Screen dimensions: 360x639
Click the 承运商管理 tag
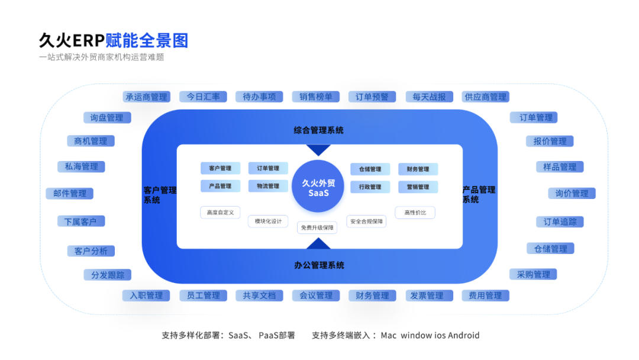click(x=146, y=97)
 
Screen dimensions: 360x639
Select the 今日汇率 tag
click(x=203, y=97)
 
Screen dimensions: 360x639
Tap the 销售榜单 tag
click(x=315, y=97)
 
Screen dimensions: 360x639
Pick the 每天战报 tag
click(x=429, y=97)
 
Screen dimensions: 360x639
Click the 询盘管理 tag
click(x=106, y=118)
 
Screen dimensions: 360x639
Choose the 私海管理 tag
click(x=81, y=166)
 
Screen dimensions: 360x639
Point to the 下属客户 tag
click(x=81, y=221)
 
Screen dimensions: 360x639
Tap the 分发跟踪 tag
click(x=107, y=275)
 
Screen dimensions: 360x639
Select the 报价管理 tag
click(x=550, y=142)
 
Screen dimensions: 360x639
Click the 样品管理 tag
click(x=559, y=167)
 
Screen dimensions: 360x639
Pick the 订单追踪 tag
click(x=560, y=222)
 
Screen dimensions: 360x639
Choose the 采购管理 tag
click(x=533, y=275)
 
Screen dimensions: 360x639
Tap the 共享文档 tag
click(x=259, y=295)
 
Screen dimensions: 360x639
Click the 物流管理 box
click(x=268, y=186)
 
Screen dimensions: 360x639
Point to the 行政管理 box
click(x=370, y=187)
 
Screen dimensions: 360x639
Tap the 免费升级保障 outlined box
click(x=317, y=227)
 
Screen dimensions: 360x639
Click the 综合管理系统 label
click(x=318, y=130)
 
